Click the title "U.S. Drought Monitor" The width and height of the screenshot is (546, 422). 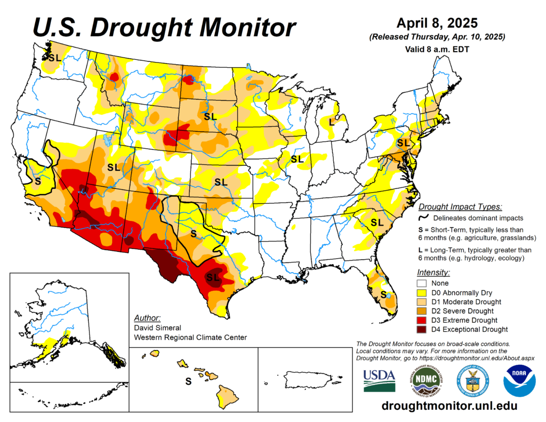coord(164,27)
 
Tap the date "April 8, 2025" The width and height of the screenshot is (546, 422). coord(437,23)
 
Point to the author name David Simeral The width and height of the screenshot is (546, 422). coord(158,328)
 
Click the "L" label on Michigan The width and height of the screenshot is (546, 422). coord(331,122)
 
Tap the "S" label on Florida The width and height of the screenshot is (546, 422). coord(383,294)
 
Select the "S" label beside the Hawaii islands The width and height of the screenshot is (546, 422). coord(188,381)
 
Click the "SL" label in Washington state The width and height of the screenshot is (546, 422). coord(54,58)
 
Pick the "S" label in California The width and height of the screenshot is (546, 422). coord(37,181)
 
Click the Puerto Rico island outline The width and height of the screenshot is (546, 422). coord(304,379)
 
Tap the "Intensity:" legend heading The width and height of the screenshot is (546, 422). coord(433,272)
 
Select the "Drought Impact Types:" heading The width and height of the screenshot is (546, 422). coord(460,206)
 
